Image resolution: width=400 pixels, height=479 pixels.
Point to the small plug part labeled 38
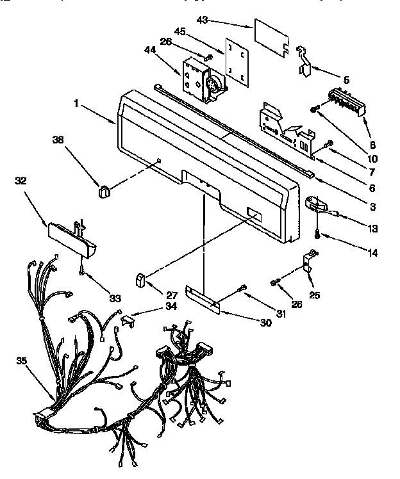[103, 189]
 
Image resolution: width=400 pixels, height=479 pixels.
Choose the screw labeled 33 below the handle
[82, 272]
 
